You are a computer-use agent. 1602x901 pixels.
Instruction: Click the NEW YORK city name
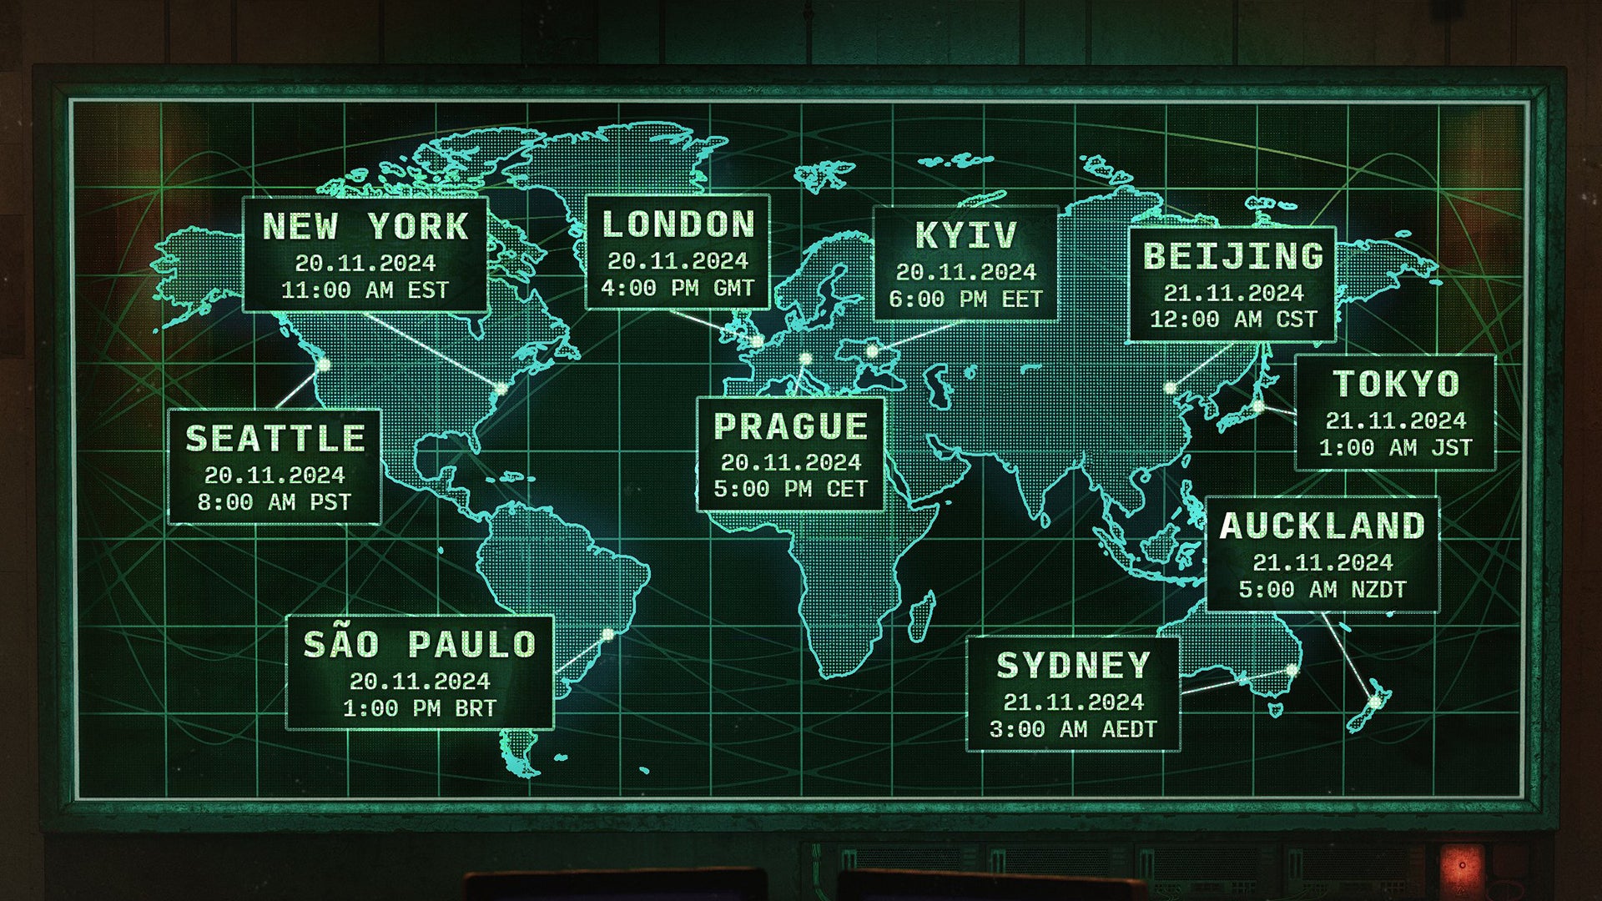point(365,227)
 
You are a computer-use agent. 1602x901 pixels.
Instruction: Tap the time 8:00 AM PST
point(275,502)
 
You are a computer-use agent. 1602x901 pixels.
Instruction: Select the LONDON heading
point(678,224)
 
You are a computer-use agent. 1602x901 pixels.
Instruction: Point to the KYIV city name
point(966,235)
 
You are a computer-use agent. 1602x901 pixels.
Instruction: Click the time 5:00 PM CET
point(791,489)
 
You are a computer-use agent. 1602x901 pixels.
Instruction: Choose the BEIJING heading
point(1233,256)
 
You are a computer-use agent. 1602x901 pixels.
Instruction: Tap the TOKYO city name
point(1396,384)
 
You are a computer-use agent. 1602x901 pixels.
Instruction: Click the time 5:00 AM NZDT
point(1322,590)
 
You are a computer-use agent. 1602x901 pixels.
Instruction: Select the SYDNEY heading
point(1073,666)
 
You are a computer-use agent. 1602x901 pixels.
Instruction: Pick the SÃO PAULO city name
point(420,645)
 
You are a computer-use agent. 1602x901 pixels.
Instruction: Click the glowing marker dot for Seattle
point(324,365)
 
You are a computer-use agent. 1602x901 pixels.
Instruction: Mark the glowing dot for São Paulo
point(608,635)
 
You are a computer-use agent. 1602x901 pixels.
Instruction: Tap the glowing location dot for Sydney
point(1292,670)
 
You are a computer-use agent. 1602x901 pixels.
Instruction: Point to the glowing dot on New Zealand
point(1375,702)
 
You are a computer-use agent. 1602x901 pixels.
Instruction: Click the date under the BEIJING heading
point(1233,293)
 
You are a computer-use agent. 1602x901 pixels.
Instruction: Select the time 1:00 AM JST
point(1396,448)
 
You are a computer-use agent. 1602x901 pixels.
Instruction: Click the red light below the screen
point(1461,865)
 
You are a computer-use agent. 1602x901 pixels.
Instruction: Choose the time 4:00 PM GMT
point(678,289)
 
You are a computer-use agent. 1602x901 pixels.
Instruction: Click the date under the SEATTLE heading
point(275,476)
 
